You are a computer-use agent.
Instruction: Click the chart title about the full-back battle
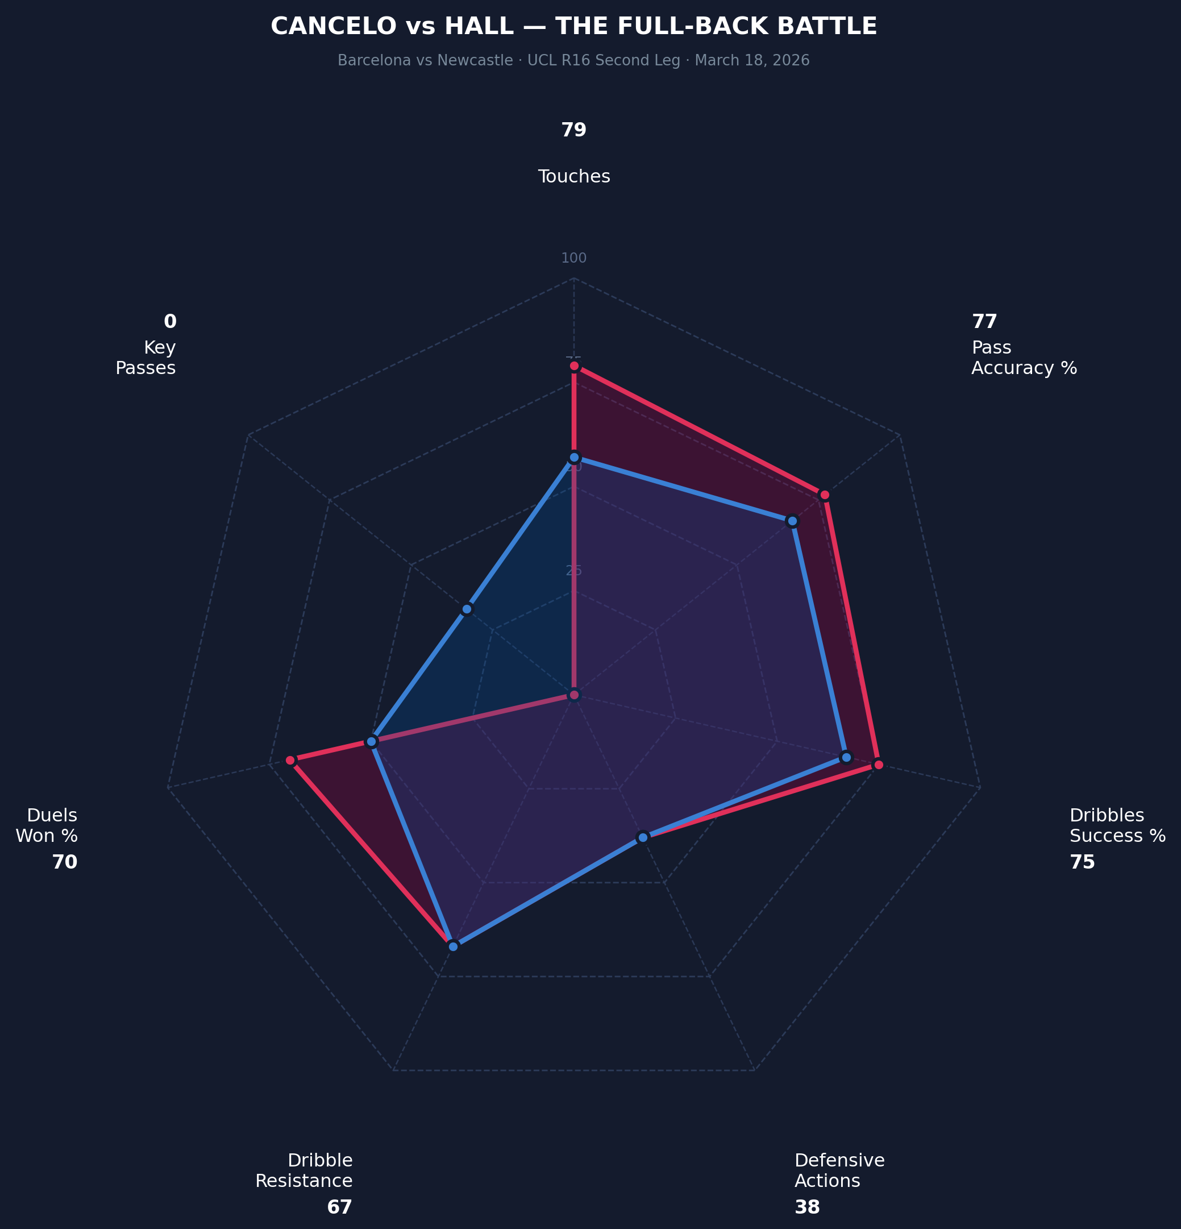(x=573, y=26)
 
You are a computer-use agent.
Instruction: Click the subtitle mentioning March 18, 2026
(x=573, y=61)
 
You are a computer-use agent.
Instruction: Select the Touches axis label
(x=573, y=177)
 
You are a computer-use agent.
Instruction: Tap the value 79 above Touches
(x=573, y=130)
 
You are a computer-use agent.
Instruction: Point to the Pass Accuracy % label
(x=1024, y=358)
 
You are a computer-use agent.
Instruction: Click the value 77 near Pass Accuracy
(x=984, y=322)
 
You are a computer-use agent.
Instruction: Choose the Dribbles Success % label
(x=1117, y=826)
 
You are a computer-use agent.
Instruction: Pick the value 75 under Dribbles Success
(x=1082, y=862)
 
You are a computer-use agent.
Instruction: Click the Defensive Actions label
(x=839, y=1170)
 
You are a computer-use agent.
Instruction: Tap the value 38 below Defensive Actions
(x=808, y=1207)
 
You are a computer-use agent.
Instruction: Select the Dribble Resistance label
(x=304, y=1170)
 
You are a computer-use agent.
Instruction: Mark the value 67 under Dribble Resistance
(x=340, y=1207)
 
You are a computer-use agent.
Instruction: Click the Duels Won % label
(x=47, y=826)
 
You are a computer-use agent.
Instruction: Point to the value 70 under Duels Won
(x=65, y=862)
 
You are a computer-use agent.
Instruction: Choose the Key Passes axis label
(x=146, y=358)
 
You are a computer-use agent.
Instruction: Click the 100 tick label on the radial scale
(x=573, y=258)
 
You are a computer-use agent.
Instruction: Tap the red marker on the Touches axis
(x=573, y=366)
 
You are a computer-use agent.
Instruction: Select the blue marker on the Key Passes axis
(x=467, y=609)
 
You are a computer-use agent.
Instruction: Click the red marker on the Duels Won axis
(x=290, y=760)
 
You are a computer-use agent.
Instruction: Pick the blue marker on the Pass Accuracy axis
(x=792, y=521)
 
